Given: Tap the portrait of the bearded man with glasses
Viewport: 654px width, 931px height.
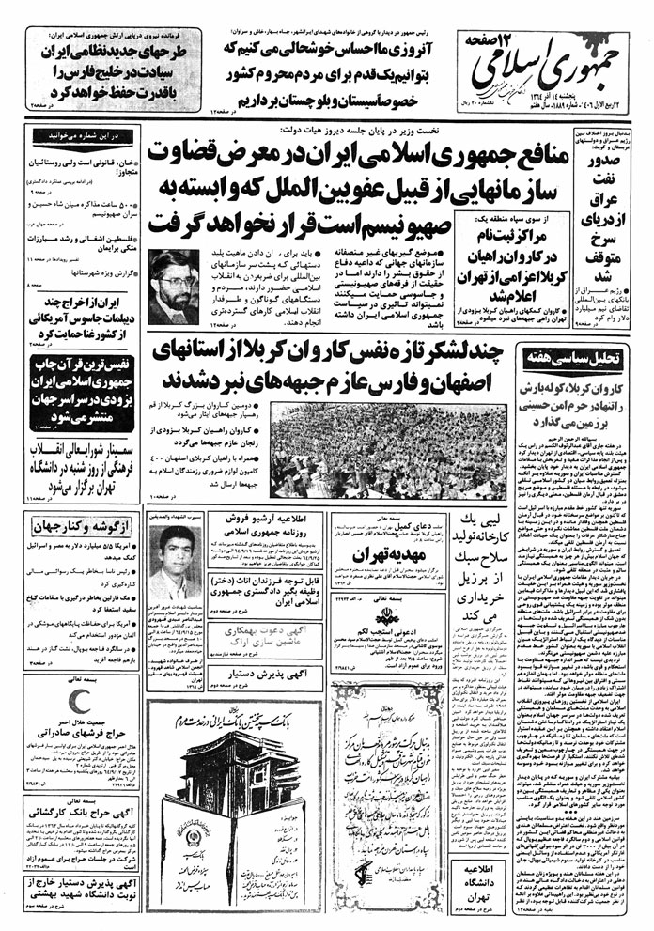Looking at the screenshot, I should point(172,287).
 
